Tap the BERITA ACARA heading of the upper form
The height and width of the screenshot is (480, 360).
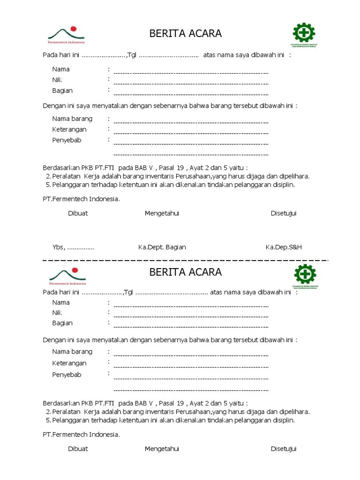185,34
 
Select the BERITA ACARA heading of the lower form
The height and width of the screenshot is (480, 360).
185,272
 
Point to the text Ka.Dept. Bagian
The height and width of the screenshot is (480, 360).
162,247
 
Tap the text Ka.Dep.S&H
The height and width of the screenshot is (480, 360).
286,247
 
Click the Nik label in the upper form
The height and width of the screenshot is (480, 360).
57,80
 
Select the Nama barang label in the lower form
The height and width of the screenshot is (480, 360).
72,352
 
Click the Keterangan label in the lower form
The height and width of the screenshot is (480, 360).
69,363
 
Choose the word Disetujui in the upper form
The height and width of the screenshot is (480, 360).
284,213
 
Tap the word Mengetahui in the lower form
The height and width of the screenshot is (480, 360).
162,449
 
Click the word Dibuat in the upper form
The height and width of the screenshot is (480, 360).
78,213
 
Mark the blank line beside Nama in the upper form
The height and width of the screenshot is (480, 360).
191,73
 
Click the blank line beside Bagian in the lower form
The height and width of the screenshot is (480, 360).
191,327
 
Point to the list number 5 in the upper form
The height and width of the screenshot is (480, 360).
48,185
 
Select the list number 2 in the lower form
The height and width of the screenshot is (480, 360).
48,412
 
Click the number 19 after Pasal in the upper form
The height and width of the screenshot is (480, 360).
178,168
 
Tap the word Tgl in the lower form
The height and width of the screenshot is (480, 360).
128,292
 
